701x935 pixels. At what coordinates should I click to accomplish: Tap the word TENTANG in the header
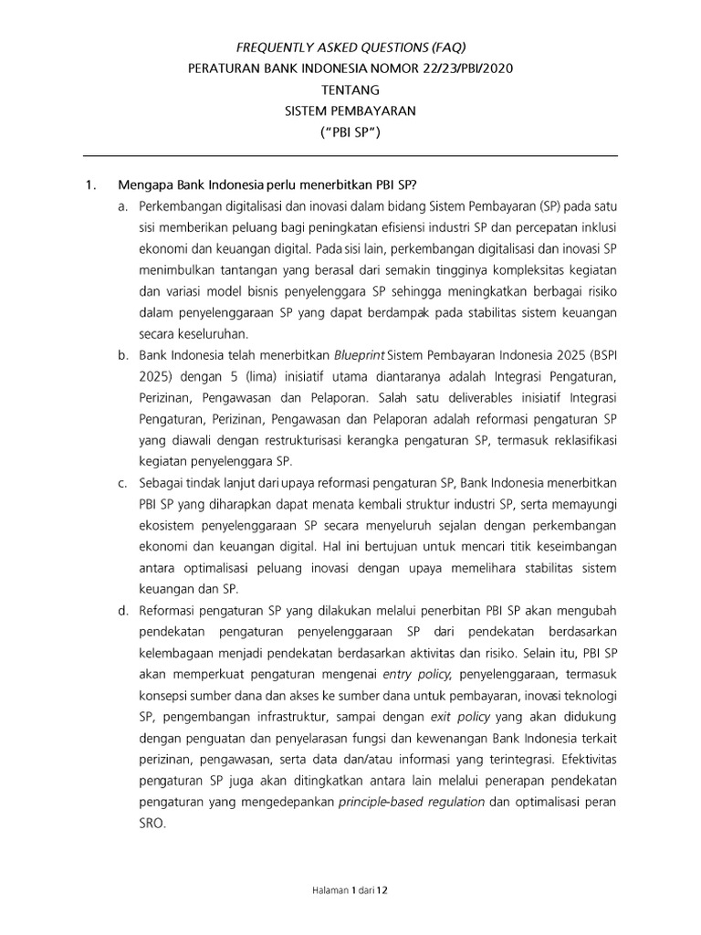point(350,90)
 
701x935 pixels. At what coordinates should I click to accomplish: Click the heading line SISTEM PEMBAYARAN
point(350,112)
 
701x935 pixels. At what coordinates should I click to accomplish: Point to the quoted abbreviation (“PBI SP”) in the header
point(350,134)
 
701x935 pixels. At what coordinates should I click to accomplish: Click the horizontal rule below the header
point(350,157)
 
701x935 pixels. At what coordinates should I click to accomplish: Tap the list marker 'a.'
point(122,209)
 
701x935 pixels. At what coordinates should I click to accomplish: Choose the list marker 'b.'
point(122,356)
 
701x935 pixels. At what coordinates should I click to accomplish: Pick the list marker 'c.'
point(122,483)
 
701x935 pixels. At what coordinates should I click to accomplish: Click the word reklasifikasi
point(578,441)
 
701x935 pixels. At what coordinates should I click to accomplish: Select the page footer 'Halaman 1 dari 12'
point(350,887)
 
